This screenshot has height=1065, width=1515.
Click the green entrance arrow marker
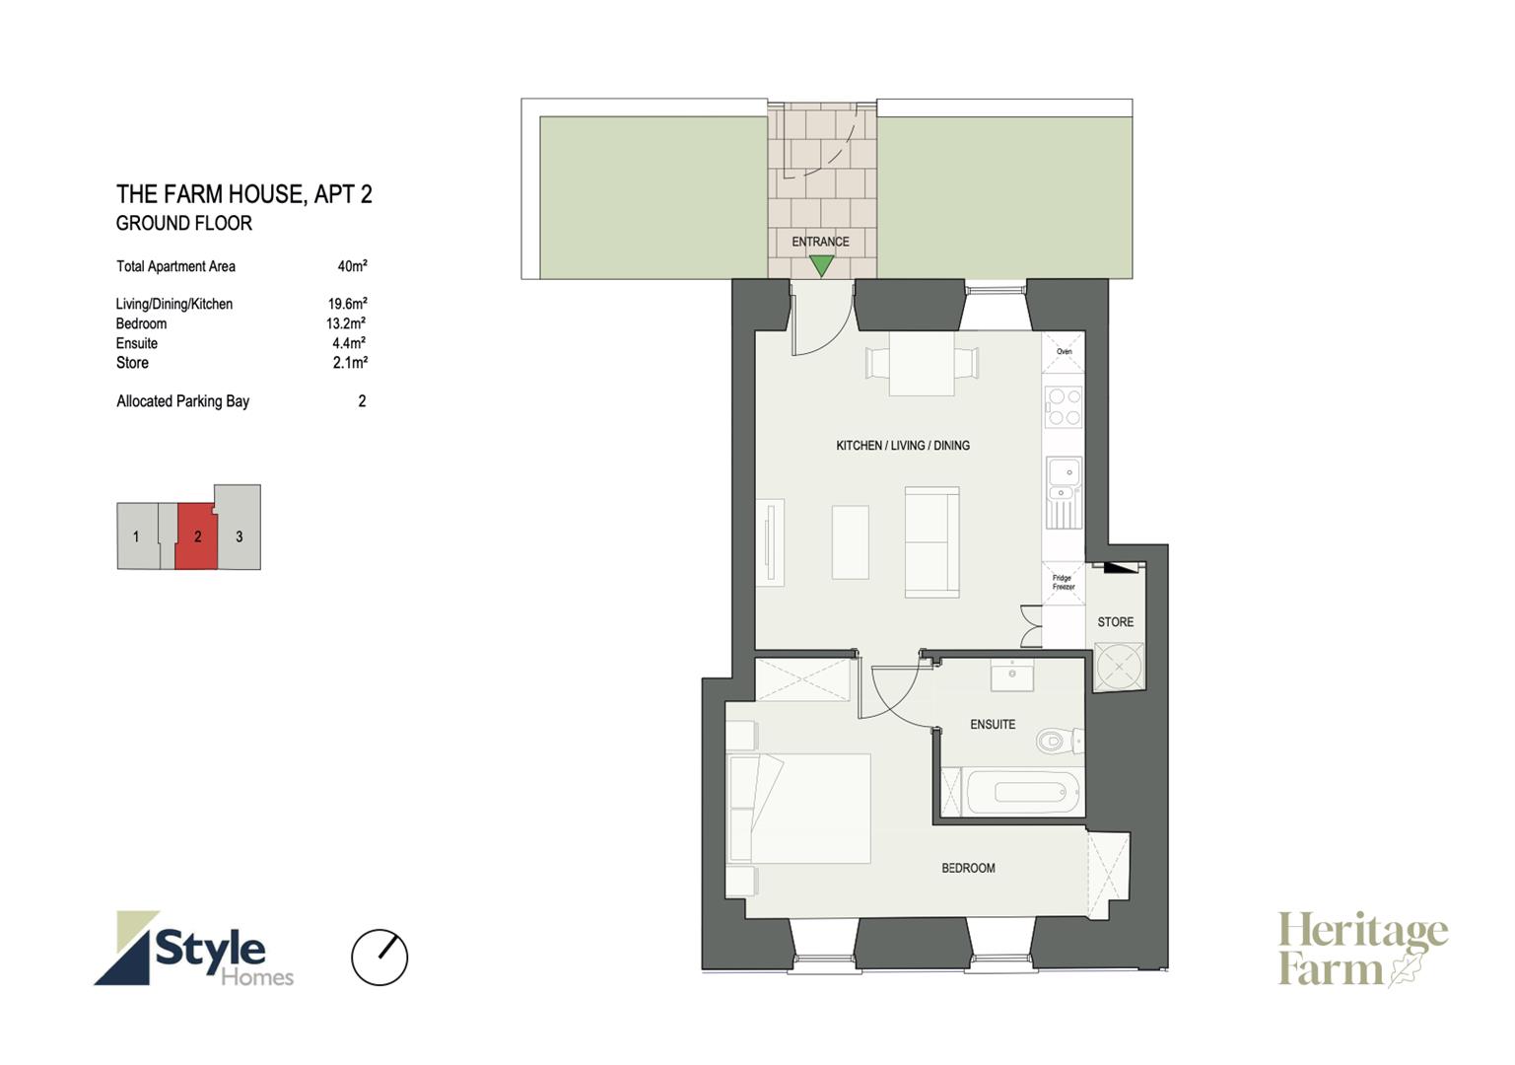[x=822, y=264]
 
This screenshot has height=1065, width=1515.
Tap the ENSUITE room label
[x=993, y=725]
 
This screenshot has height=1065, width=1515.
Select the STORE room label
[x=1115, y=622]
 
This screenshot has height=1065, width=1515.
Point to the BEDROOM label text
[x=968, y=868]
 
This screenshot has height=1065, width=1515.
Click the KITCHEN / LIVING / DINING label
[x=903, y=445]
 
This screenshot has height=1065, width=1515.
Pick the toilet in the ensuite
[x=1060, y=741]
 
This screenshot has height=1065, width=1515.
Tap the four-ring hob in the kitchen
[x=1064, y=406]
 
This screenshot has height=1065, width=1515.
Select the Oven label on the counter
[x=1065, y=351]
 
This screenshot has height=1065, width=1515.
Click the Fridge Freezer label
[x=1064, y=582]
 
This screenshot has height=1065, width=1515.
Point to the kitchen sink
[x=1064, y=491]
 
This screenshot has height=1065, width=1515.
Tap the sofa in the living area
[x=932, y=542]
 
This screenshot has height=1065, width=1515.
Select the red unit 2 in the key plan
[x=196, y=535]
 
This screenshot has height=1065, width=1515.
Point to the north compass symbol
[x=379, y=957]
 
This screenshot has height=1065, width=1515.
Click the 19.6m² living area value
[x=347, y=304]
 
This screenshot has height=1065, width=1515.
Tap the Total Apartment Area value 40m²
[x=352, y=266]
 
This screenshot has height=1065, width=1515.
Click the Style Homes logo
[x=193, y=948]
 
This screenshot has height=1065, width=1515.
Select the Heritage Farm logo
[x=1362, y=949]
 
